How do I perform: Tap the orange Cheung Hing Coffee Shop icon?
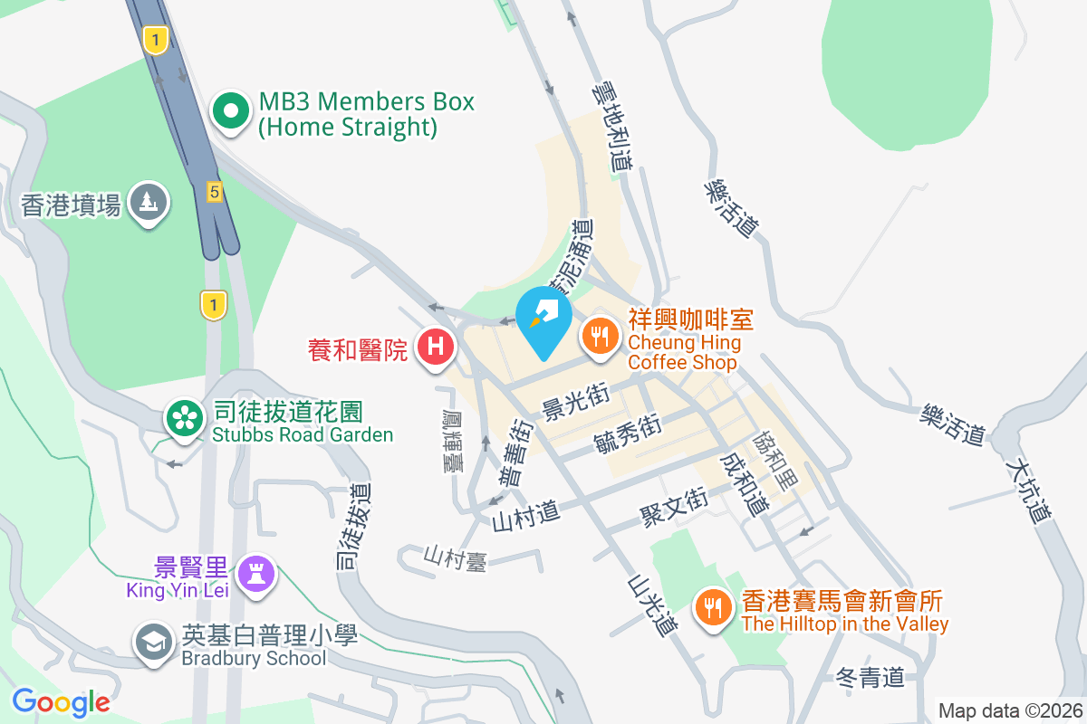[x=599, y=338]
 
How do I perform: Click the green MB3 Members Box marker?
[x=231, y=112]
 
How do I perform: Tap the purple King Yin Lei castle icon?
[x=255, y=573]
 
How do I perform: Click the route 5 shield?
[x=214, y=191]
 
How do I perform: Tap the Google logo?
[x=62, y=701]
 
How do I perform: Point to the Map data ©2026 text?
[x=1009, y=710]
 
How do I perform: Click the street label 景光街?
[x=573, y=401]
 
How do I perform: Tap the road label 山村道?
[x=526, y=518]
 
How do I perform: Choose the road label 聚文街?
[x=673, y=510]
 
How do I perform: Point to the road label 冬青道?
[x=870, y=677]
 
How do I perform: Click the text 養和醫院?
[x=358, y=348]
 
